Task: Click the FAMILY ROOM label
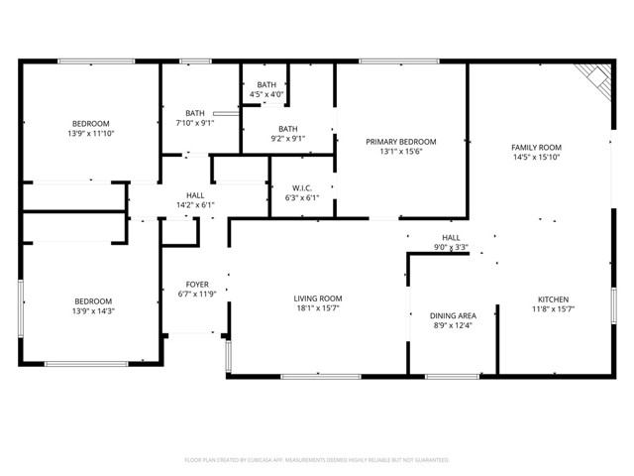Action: pyautogui.click(x=536, y=147)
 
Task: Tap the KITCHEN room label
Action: pyautogui.click(x=553, y=299)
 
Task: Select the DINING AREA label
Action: pyautogui.click(x=453, y=314)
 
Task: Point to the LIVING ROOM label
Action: pyautogui.click(x=317, y=298)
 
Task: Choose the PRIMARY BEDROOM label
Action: pyautogui.click(x=400, y=142)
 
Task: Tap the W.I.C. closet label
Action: pyautogui.click(x=302, y=187)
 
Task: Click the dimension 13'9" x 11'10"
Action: pyautogui.click(x=90, y=133)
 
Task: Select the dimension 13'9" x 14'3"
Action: pyautogui.click(x=93, y=311)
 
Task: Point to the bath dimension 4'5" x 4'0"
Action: pyautogui.click(x=266, y=95)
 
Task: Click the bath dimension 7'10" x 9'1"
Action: pyautogui.click(x=194, y=124)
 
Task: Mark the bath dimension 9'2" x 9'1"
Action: pyautogui.click(x=287, y=139)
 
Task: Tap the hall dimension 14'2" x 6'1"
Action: pyautogui.click(x=195, y=205)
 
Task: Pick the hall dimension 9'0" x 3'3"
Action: pyautogui.click(x=451, y=248)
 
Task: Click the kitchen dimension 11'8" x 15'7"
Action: pyautogui.click(x=553, y=309)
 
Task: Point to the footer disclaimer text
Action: pyautogui.click(x=317, y=460)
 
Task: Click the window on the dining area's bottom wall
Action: pyautogui.click(x=452, y=377)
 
